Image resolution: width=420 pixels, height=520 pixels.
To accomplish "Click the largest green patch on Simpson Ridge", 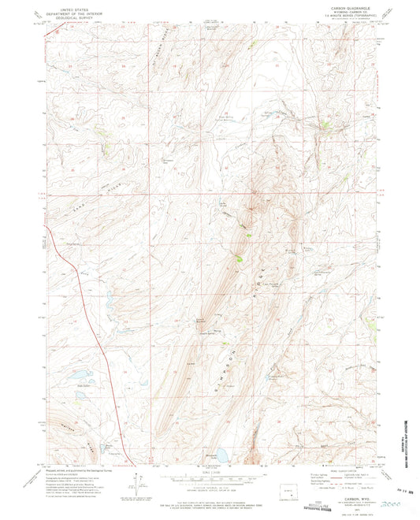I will point(239,254).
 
